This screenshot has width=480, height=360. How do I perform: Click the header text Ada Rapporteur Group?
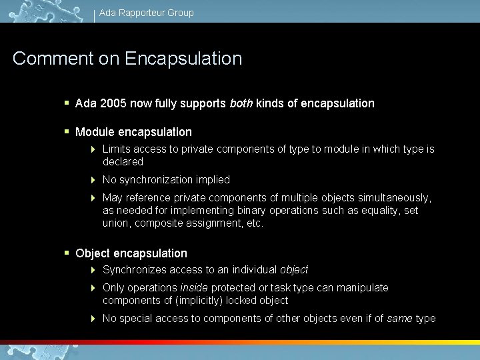146,13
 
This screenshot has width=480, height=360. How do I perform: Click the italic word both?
241,103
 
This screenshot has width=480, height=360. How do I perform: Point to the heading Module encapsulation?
133,132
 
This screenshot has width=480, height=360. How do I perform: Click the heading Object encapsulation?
131,253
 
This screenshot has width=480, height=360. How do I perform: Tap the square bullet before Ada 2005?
67,103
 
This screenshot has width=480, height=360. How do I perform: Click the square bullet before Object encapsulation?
67,253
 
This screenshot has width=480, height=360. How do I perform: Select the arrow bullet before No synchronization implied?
94,180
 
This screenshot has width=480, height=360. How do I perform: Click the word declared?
123,161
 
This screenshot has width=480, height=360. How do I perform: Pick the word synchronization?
151,180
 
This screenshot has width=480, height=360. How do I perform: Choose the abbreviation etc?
255,223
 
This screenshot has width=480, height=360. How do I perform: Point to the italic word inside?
193,288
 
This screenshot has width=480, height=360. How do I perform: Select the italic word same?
399,319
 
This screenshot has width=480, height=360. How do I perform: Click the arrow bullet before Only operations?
94,288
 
